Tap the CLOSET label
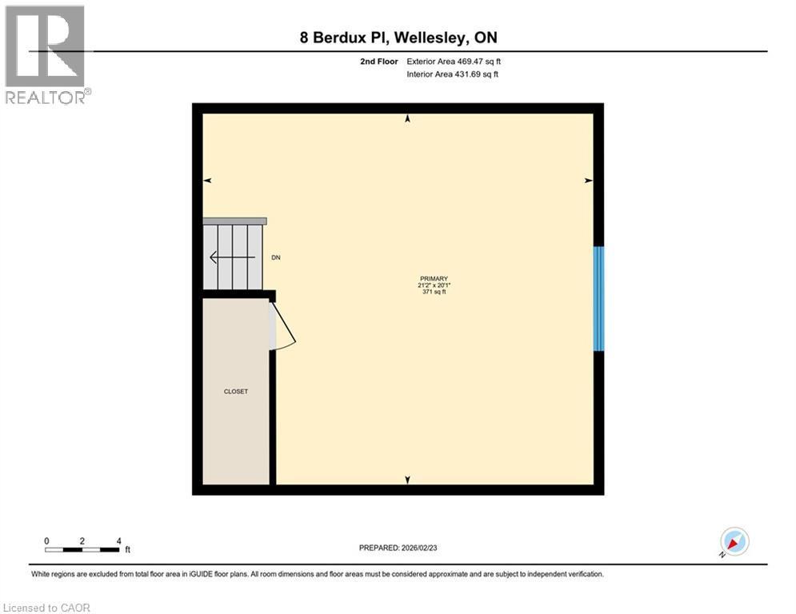pos(236,392)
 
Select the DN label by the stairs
pos(276,257)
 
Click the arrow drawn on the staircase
pos(231,257)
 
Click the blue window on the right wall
pos(598,298)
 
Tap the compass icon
pos(734,541)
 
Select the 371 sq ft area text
pos(434,293)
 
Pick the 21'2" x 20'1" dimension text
pos(434,285)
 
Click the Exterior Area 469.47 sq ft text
pos(454,61)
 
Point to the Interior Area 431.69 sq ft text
pos(454,74)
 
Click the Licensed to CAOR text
pos(46,608)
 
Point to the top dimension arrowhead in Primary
pos(408,118)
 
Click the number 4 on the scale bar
pos(118,540)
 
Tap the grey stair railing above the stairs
pos(234,221)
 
